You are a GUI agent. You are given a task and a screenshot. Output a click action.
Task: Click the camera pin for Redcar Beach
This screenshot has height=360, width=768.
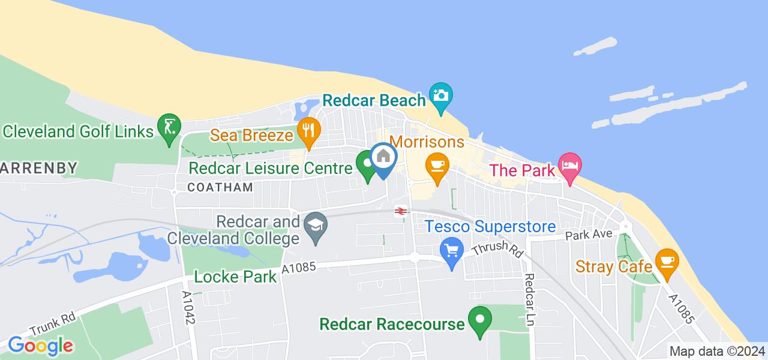tap(441, 96)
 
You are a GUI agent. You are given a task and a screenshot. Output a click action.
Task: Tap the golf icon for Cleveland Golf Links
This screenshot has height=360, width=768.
tap(168, 127)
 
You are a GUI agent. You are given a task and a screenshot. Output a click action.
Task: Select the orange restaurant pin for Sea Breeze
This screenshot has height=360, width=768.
tap(309, 130)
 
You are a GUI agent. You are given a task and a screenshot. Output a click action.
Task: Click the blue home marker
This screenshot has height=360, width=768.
tap(383, 158)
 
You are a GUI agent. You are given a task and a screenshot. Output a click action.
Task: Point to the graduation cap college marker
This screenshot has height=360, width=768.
tap(313, 227)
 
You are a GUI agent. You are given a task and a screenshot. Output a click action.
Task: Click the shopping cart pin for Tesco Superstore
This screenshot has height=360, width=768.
tap(451, 250)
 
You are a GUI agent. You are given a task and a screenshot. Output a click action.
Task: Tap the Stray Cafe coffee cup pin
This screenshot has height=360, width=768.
tap(666, 262)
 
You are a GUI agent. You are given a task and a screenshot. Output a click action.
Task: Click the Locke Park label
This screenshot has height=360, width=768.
tap(235, 277)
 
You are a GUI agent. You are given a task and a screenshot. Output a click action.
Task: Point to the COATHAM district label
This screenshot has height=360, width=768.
tap(220, 187)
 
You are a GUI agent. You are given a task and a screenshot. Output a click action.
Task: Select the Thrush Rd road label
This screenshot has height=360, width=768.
tap(497, 248)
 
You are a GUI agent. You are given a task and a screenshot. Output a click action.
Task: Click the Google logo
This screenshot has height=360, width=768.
tap(40, 346)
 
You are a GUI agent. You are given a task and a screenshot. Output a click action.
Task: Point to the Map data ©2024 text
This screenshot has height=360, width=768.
tap(717, 351)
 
